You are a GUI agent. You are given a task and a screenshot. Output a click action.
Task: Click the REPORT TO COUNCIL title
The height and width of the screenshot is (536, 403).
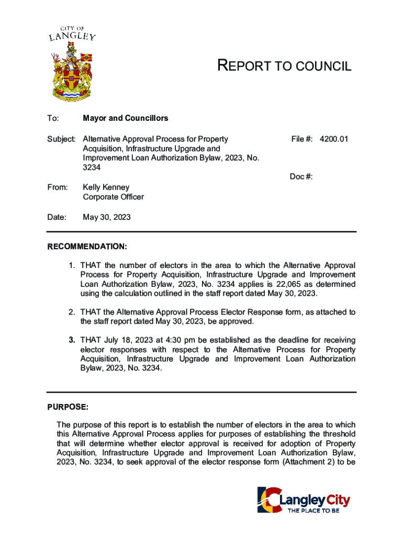pyautogui.click(x=284, y=66)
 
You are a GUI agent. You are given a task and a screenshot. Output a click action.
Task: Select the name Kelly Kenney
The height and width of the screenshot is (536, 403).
pyautogui.click(x=106, y=187)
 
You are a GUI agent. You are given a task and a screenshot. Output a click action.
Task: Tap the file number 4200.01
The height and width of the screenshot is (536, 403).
pyautogui.click(x=334, y=139)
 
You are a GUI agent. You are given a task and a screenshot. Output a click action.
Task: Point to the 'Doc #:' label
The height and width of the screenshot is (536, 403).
pyautogui.click(x=301, y=177)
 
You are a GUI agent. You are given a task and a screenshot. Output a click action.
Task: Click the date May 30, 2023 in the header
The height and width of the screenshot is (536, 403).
pyautogui.click(x=107, y=217)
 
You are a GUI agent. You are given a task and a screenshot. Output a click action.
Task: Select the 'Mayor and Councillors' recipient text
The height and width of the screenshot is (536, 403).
pyautogui.click(x=126, y=118)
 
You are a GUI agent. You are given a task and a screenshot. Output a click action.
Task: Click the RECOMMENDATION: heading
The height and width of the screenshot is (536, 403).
pyautogui.click(x=87, y=247)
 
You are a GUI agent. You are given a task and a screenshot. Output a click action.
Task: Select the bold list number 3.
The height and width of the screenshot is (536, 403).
pyautogui.click(x=72, y=340)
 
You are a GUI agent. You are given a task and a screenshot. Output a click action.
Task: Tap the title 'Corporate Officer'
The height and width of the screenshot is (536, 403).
pyautogui.click(x=114, y=197)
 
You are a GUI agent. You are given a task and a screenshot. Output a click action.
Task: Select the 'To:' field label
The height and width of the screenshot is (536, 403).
pyautogui.click(x=53, y=118)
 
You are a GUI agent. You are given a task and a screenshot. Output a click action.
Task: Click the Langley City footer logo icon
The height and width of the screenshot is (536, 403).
pyautogui.click(x=269, y=500)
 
